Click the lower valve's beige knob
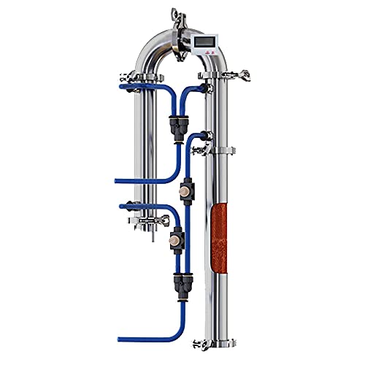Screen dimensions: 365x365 pyautogui.click(x=175, y=239)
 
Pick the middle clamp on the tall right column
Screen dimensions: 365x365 pyautogui.click(x=218, y=151)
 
